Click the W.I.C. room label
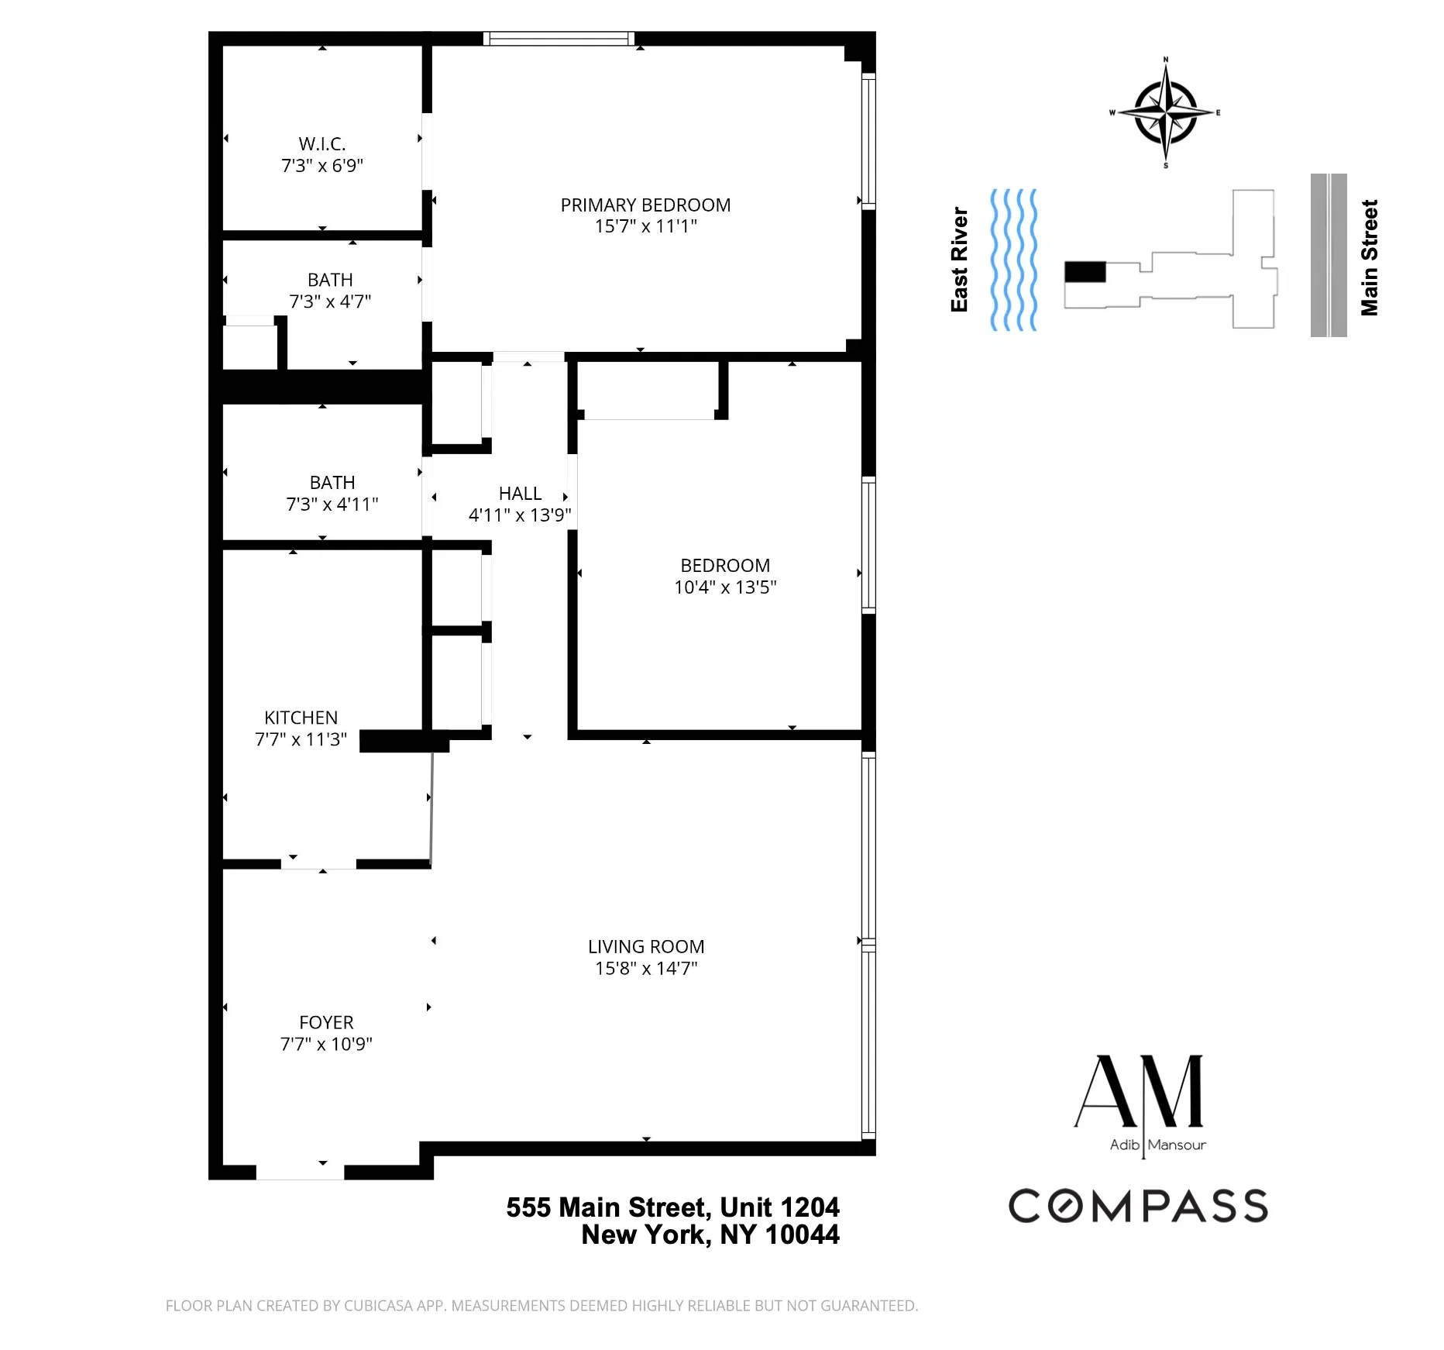[x=322, y=144]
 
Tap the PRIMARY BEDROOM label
[x=645, y=205]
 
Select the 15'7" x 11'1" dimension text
[x=645, y=226]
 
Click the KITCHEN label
[x=301, y=718]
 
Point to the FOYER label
[x=326, y=1022]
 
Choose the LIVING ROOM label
[x=645, y=946]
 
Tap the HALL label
[x=520, y=494]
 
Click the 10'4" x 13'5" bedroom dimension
[x=725, y=587]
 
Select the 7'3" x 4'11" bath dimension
[x=332, y=505]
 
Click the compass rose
[x=1165, y=113]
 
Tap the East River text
[x=960, y=260]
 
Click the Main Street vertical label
[x=1370, y=258]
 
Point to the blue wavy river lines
[x=1013, y=260]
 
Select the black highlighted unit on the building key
[x=1085, y=272]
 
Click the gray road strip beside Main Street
[x=1328, y=255]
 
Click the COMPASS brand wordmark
[x=1138, y=1206]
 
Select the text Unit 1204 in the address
[x=779, y=1207]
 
